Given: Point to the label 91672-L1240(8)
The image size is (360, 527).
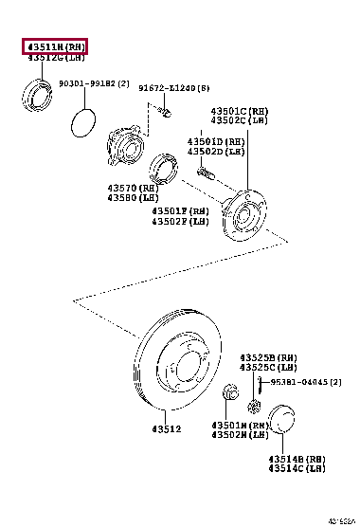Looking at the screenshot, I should [x=174, y=88].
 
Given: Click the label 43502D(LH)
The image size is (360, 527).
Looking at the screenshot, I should [x=215, y=152].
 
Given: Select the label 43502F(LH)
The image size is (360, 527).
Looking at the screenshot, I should [x=180, y=223].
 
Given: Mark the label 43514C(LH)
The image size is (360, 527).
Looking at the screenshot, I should [x=297, y=468].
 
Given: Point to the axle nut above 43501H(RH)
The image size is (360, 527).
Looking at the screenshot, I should [x=229, y=392].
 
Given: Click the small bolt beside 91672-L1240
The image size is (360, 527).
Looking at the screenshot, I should [x=163, y=113].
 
